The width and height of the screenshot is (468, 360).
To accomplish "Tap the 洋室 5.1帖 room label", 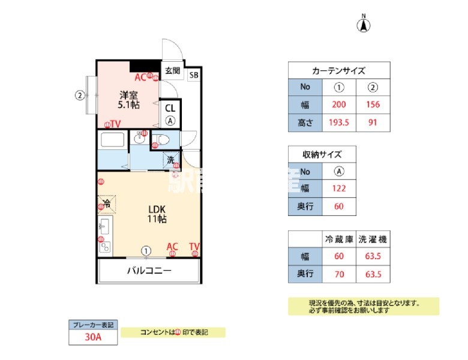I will coord(129,100).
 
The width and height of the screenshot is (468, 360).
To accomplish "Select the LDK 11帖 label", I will coord(157,214).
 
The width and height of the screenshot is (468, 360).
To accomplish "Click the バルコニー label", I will coord(149,271).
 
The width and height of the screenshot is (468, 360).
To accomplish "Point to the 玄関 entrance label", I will coord(172,71).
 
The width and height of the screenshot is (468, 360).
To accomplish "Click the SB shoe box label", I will coord(193,76).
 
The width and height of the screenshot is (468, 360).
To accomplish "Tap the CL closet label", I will coord(170,108).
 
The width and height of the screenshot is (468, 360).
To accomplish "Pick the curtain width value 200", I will coord(338,104).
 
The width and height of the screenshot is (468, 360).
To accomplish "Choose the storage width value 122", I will coord(338,189).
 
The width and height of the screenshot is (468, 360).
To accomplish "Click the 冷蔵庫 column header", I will coord(338,239).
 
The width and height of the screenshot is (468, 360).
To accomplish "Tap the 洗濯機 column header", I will coord(372,239).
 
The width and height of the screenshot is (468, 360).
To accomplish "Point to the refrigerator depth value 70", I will coord(338,275).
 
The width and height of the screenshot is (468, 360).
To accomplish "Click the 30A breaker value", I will coord(92,337).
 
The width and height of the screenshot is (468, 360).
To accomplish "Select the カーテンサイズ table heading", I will coord(338,70).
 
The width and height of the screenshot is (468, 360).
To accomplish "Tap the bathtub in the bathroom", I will coord(113,141).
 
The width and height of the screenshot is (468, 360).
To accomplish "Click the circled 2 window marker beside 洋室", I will coord(79,94).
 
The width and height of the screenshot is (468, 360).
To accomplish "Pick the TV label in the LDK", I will coord(194,247).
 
